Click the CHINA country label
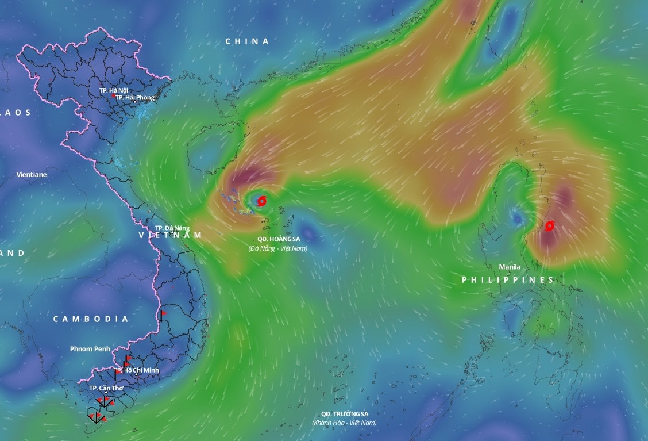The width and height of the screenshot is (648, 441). coord(247,41)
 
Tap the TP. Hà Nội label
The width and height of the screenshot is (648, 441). coord(113,90)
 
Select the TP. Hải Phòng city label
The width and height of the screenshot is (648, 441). coord(135,98)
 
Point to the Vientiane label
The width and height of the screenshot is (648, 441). coord(32,174)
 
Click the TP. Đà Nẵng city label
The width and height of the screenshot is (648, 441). coord(172,228)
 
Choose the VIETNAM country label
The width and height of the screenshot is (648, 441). coord(171,236)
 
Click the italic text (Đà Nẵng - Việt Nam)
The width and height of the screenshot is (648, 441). coord(277,248)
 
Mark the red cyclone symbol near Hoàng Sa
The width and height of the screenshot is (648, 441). coord(263,201)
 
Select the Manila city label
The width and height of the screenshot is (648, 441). coord(510,267)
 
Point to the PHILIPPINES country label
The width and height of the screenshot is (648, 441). coord(508,280)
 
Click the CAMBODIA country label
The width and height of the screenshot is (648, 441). coord(91,319)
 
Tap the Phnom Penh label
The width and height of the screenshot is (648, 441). coord(90,349)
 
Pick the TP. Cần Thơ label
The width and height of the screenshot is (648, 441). coord(106,388)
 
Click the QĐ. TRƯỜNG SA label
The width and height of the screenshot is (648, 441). coord(344,414)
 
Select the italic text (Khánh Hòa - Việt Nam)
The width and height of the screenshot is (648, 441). coord(344,423)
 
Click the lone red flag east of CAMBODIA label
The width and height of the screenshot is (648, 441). coord(163,314)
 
